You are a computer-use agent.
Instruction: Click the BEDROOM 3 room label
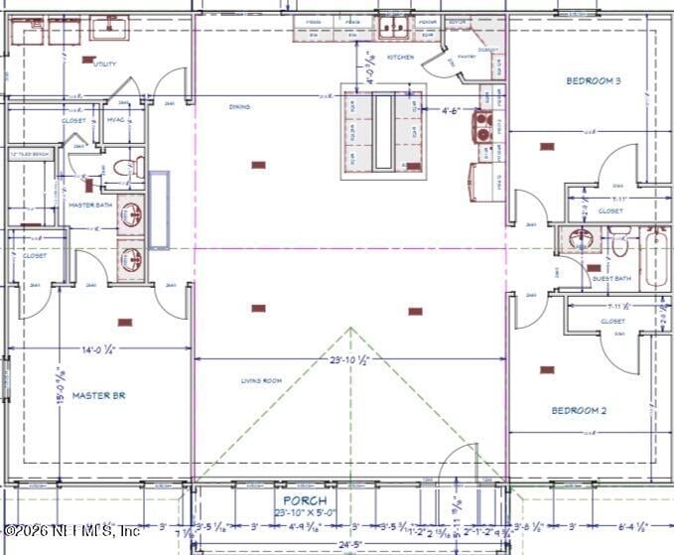coord(594,80)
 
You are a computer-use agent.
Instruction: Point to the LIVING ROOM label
coord(261,380)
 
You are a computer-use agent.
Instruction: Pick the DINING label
coord(239,106)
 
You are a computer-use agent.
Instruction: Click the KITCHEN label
coord(400,58)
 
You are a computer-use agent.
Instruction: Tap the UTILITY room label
coord(104,64)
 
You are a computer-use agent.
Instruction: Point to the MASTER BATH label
coord(87,205)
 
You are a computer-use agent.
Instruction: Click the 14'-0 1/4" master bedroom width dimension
coord(99,349)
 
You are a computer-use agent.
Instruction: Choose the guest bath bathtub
coord(655,258)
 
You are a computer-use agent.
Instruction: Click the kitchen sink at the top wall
coord(395,26)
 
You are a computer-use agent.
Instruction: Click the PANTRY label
coord(468,57)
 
